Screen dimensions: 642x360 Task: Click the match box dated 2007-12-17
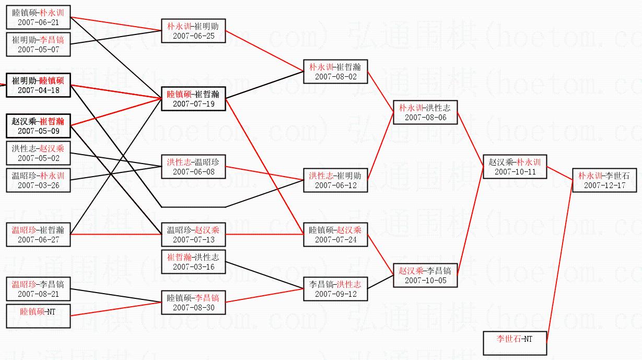[x=604, y=180]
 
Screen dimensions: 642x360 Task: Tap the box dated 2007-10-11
[x=515, y=167]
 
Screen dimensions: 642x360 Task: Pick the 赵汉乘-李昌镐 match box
[x=425, y=275]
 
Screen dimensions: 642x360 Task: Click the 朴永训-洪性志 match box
[x=425, y=112]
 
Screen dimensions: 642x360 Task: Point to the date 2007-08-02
[x=335, y=77]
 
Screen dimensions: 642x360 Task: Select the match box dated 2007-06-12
[x=335, y=180]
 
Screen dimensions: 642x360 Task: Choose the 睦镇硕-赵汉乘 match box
[x=335, y=235]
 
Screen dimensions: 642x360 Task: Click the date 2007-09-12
[x=335, y=294]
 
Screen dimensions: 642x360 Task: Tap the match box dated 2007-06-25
[x=193, y=31]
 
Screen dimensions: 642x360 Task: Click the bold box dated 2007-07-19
[x=193, y=99]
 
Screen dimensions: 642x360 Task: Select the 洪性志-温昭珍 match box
[x=193, y=167]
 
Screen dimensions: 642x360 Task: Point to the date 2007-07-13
[x=193, y=240]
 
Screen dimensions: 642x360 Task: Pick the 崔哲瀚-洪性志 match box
[x=193, y=262]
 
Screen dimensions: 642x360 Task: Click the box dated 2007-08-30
[x=193, y=303]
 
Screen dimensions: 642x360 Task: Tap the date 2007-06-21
[x=38, y=22]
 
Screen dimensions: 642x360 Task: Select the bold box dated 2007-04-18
[x=38, y=85]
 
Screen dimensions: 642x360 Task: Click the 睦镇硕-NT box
[x=38, y=316]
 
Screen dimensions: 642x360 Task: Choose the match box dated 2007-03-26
[x=38, y=180]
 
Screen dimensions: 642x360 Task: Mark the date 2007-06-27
[x=38, y=240]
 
